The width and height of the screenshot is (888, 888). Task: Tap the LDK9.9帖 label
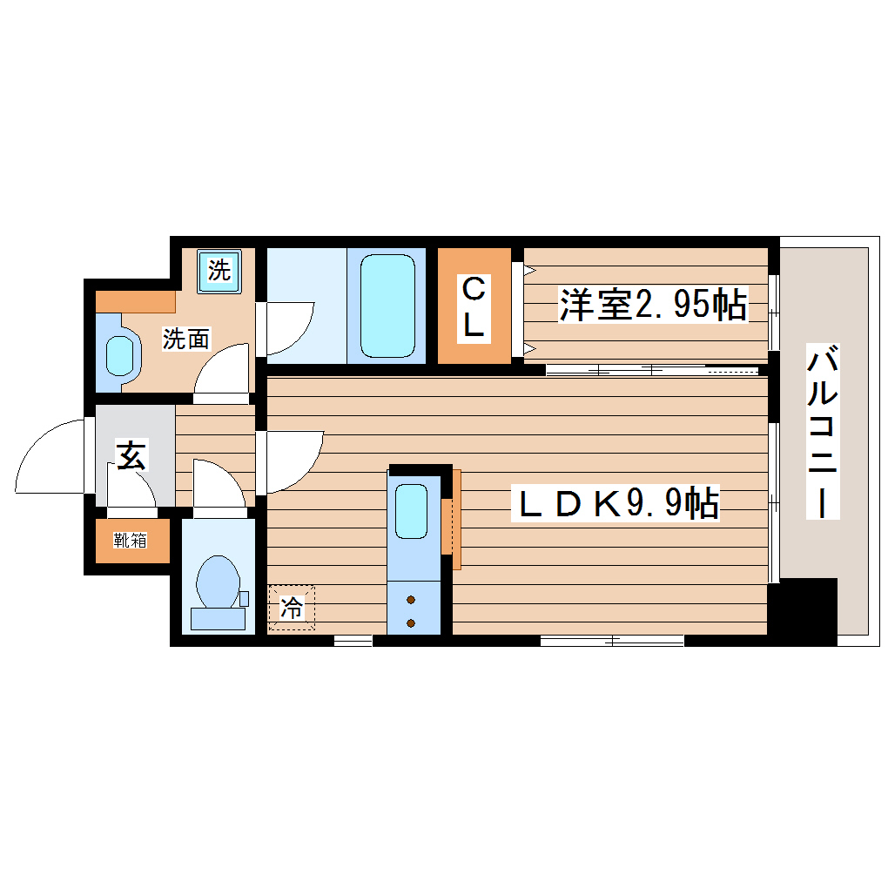(x=619, y=503)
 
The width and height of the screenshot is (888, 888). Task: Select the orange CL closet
(x=474, y=306)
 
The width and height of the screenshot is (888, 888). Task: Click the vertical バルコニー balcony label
(x=823, y=432)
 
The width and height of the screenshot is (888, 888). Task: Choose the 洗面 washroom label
(x=186, y=340)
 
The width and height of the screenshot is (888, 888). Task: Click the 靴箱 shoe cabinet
(x=131, y=541)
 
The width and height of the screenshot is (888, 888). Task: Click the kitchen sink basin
(x=411, y=511)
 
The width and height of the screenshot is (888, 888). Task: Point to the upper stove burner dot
(x=411, y=600)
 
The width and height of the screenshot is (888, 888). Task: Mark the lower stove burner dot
(x=411, y=622)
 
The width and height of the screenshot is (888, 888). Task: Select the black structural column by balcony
(x=802, y=611)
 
